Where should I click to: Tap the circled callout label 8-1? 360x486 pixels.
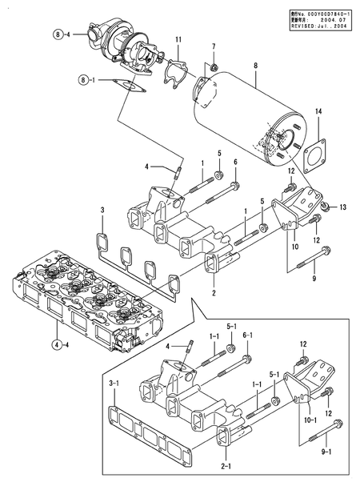point(86,79)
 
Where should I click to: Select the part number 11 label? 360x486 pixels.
point(178,40)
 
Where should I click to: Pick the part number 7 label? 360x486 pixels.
point(214,46)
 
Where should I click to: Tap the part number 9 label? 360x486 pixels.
point(314,279)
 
